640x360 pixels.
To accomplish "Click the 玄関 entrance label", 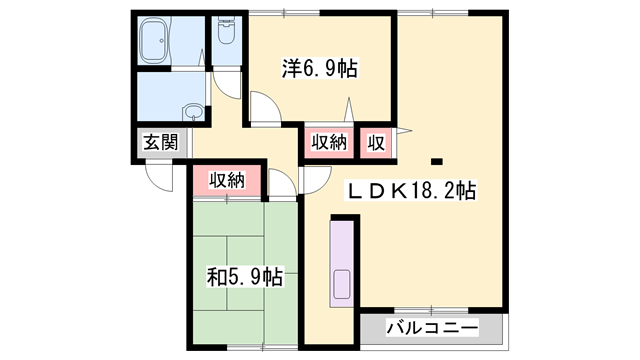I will (x=160, y=141).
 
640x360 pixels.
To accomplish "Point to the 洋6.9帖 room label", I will (x=319, y=68).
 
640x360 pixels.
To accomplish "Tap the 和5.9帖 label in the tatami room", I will (x=244, y=275).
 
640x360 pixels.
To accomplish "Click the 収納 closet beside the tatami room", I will (x=227, y=180).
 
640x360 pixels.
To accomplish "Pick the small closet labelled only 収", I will (x=377, y=141).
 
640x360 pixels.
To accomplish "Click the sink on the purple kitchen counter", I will (x=341, y=282).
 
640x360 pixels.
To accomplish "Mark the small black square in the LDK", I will (x=436, y=160).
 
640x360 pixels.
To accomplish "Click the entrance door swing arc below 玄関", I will (x=158, y=177).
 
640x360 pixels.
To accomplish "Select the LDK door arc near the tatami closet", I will (x=313, y=180).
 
